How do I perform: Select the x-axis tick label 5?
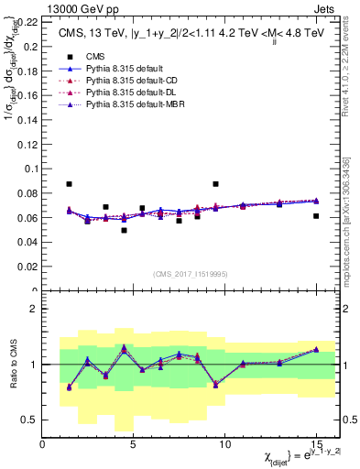(x=133, y=446)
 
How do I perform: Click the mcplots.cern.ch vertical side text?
(x=353, y=229)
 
